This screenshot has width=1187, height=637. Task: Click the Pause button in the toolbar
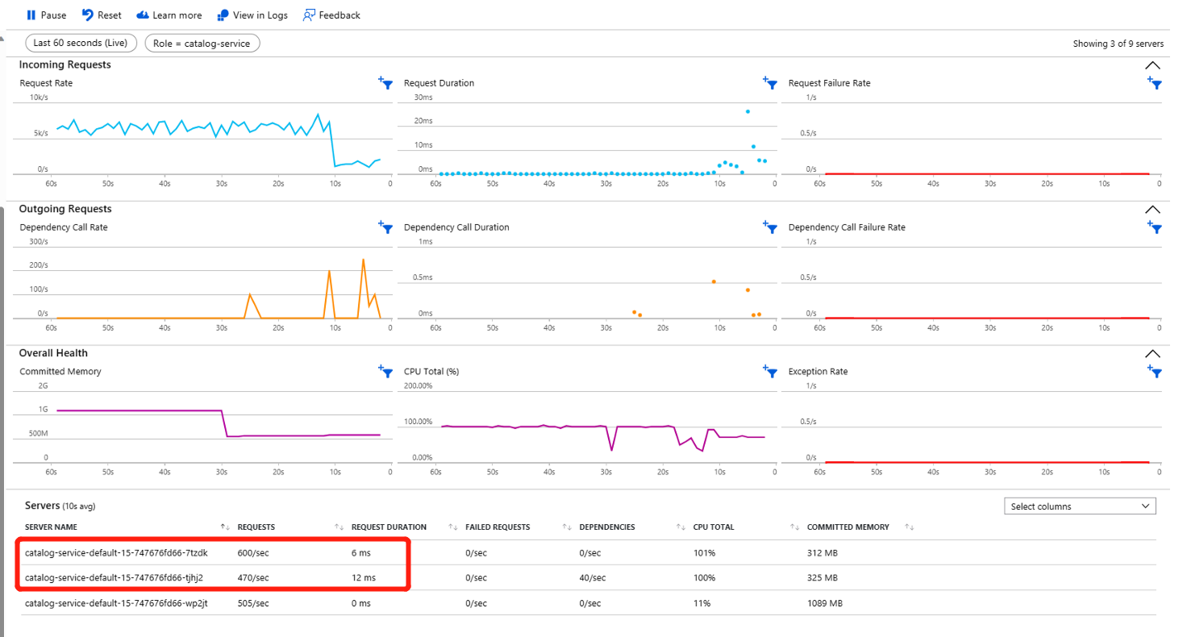46,15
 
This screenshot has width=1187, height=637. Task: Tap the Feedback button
331,15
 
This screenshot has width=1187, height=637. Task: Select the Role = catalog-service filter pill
202,43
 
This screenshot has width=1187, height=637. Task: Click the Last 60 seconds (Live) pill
81,43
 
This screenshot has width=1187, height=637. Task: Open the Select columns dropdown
1080,506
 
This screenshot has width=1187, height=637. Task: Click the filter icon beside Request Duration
770,82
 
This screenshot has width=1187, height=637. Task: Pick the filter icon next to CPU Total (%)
770,371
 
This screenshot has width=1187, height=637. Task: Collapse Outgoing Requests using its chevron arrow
1152,209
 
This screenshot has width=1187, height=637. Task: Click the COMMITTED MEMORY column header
848,527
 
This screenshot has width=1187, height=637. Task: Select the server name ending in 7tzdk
106,553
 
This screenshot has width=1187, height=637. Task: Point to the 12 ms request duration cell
364,578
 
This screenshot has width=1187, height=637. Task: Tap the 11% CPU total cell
702,603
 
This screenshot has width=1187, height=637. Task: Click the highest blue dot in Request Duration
748,111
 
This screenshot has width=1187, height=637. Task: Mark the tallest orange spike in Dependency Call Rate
364,260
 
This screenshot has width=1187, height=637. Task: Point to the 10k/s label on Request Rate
38,98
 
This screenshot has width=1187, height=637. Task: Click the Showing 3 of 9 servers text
1117,44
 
